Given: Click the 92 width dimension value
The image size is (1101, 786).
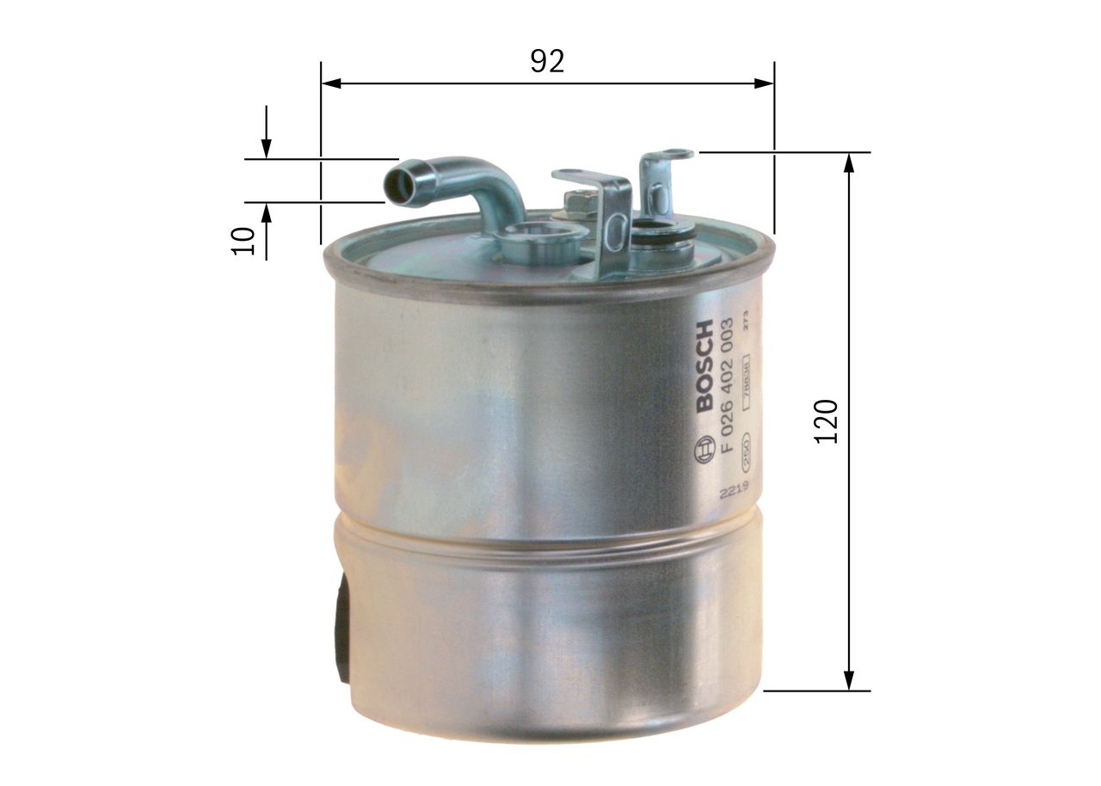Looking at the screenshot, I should point(547,61).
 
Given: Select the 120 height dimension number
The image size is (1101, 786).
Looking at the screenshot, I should point(827,421).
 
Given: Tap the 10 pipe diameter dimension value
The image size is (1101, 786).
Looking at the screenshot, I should point(244,240).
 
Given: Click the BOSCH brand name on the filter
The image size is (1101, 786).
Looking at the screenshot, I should point(704,365).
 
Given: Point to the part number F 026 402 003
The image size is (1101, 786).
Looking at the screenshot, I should point(728,384).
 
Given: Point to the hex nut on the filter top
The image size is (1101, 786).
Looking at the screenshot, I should point(578,205).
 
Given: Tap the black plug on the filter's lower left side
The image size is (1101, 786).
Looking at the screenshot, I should point(343,628).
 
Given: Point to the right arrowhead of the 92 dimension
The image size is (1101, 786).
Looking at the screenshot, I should point(765,83).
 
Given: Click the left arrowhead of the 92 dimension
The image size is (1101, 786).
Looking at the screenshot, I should point(331,83).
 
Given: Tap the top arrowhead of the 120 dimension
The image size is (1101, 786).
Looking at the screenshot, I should point(850,163).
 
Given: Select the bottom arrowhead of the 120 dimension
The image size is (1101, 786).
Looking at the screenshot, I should point(850,679).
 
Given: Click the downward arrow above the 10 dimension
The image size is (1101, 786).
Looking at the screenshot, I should point(267,148).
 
